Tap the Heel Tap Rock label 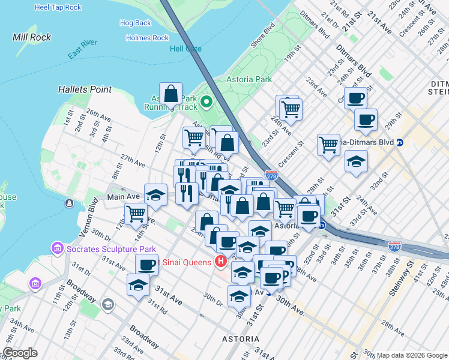tap(58, 7)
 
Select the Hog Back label tap(135, 23)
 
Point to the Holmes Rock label tap(147, 38)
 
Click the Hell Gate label tap(185, 49)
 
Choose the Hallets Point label tap(85, 89)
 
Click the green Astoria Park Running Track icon tap(208, 101)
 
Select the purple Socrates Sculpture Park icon tap(58, 248)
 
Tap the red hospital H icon tap(220, 262)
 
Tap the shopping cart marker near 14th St tap(136, 213)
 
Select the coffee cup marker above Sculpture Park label tap(146, 265)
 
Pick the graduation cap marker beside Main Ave tap(155, 194)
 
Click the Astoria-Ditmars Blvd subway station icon tap(400, 142)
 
